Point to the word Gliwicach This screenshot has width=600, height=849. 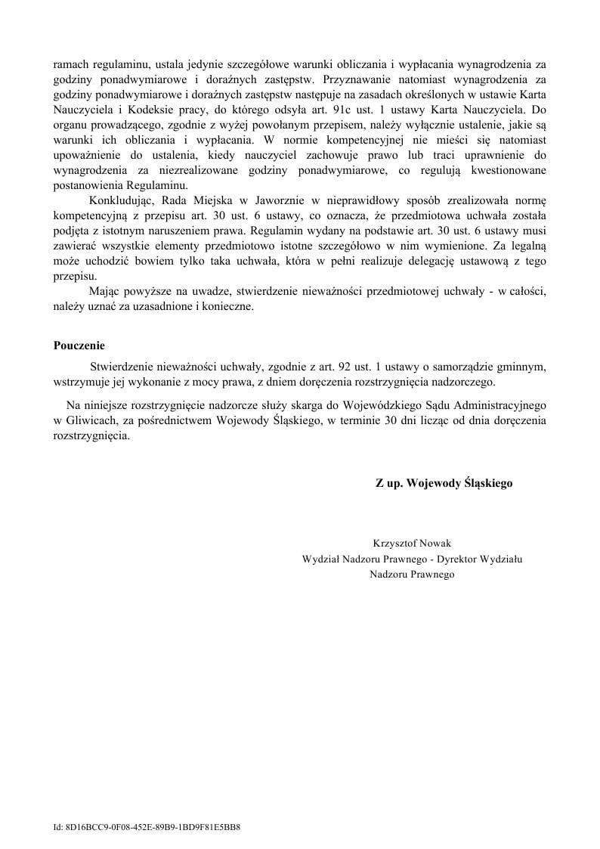coord(89,421)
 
